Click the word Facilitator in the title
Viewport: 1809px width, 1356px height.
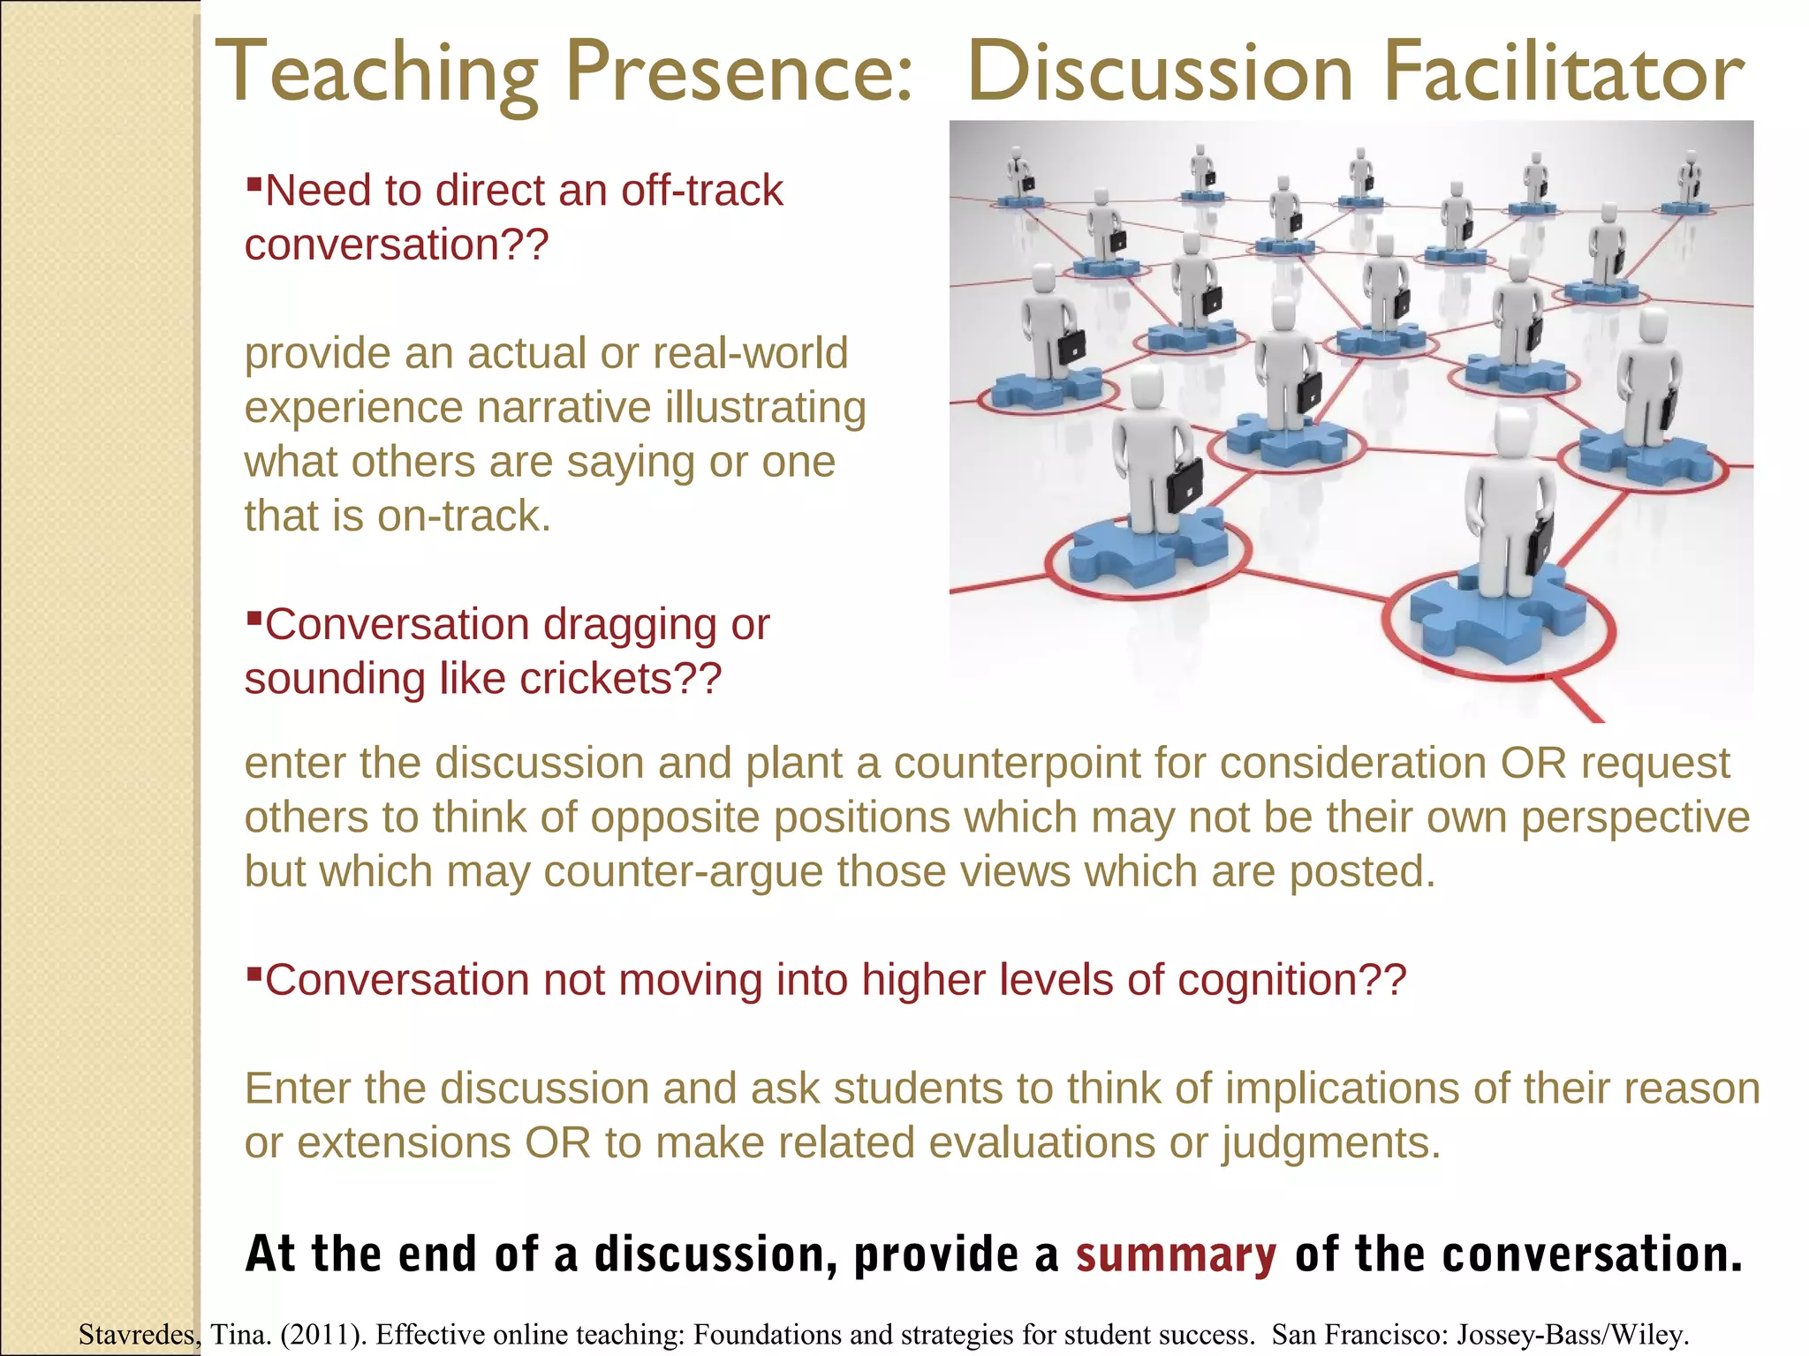tap(1561, 74)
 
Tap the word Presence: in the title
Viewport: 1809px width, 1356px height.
tap(738, 74)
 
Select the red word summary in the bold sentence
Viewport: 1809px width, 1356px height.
tap(1176, 1254)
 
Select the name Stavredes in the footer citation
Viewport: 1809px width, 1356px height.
tap(139, 1334)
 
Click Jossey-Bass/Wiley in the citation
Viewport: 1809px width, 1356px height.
tap(1571, 1334)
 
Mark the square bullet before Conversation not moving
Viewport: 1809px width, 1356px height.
tap(254, 972)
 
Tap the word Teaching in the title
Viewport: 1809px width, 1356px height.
tap(376, 74)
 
